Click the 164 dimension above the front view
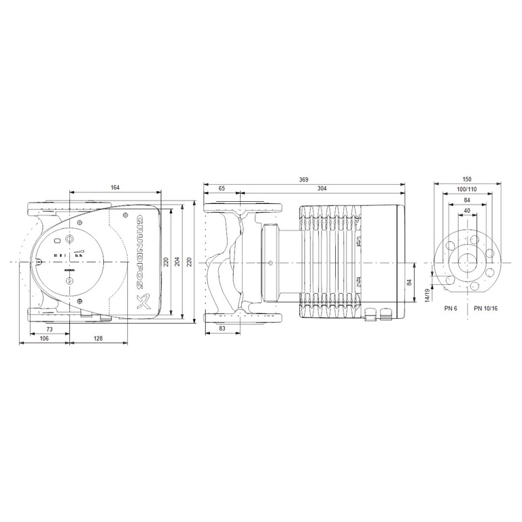tap(116, 188)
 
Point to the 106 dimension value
tap(44, 338)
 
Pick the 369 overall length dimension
tap(304, 179)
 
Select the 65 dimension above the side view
tap(222, 188)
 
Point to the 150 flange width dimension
tap(466, 179)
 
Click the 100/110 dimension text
tap(466, 188)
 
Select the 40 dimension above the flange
tap(466, 211)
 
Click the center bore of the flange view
tap(466, 262)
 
